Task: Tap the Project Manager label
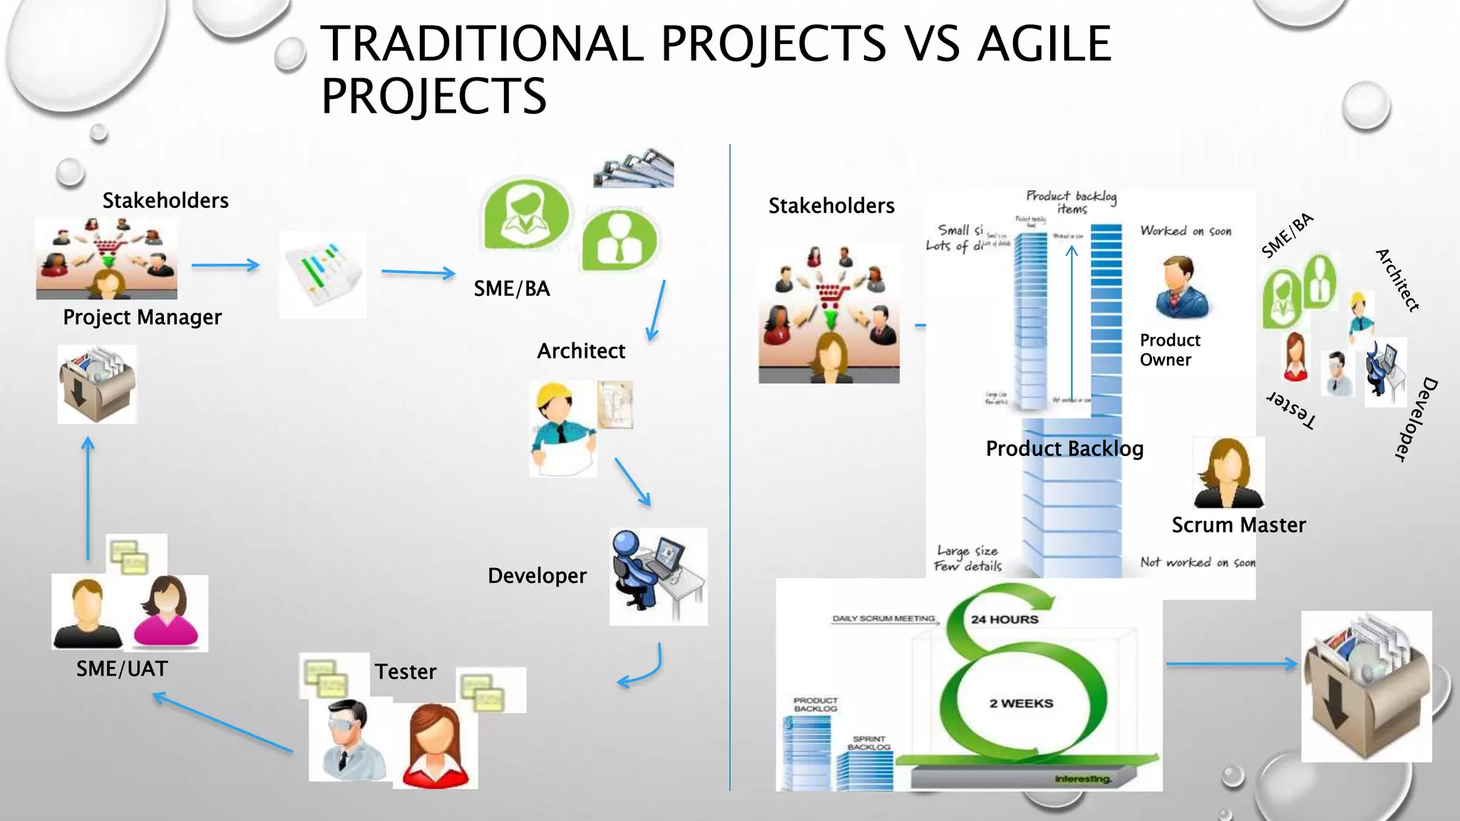142,317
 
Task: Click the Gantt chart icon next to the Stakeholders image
322,274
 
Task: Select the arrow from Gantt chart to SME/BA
418,272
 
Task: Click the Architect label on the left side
580,351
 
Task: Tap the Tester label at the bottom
405,671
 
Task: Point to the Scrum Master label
1238,525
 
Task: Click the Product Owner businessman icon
1181,288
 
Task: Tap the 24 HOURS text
1004,619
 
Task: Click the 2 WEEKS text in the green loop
1021,703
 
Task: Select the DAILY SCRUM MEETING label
883,619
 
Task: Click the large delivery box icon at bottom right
1366,686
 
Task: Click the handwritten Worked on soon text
1186,231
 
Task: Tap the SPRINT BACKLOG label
869,743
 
